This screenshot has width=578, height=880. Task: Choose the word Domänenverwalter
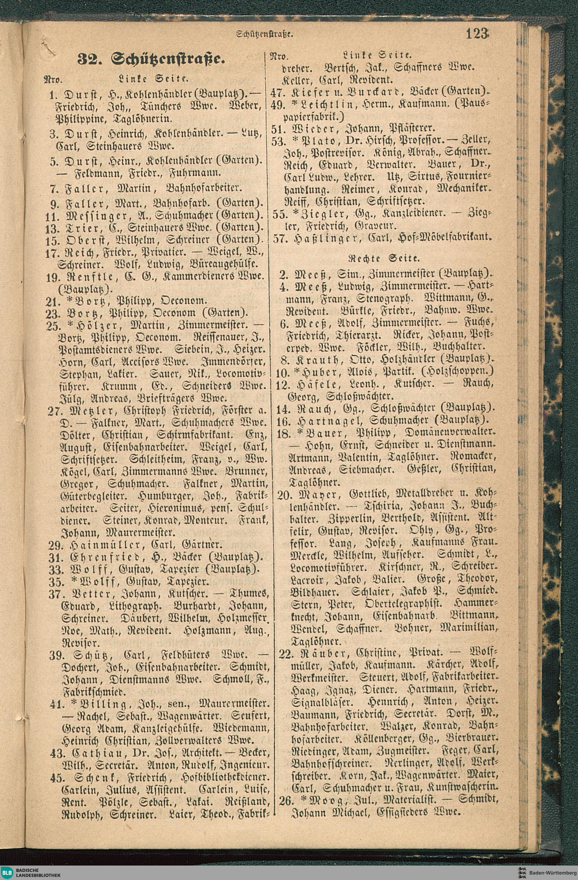(x=450, y=433)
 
